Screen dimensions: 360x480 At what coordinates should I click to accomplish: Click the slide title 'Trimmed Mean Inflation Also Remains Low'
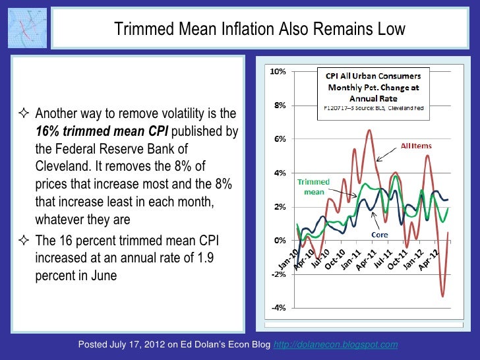pos(260,30)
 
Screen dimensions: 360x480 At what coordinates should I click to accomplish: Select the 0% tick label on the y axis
pos(279,241)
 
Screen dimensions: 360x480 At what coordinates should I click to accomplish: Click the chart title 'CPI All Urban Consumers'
pos(373,75)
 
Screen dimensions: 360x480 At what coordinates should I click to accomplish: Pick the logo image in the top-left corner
pos(28,28)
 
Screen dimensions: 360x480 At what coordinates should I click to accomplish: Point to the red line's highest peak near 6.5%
pos(369,131)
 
